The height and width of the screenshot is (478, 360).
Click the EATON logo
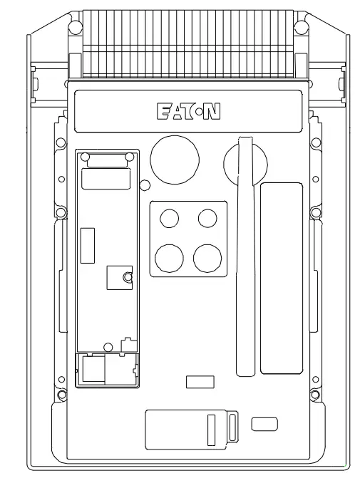coord(187,112)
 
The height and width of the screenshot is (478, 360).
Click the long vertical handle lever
coord(245,256)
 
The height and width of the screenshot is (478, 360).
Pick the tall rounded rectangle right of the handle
coord(281,278)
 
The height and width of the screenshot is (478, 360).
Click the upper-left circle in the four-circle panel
coord(169,218)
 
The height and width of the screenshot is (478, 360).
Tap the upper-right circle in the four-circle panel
coord(207,218)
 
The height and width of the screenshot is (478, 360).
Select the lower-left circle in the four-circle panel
coord(169,256)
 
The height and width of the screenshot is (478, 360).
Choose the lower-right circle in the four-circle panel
coord(207,256)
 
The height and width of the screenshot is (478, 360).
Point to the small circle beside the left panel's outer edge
coord(145,185)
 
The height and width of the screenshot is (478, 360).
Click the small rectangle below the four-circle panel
coord(200,382)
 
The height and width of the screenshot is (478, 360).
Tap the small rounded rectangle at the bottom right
coord(265,425)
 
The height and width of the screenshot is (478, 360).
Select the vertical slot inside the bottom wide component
coord(211,430)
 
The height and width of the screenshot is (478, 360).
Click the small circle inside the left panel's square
coord(127,277)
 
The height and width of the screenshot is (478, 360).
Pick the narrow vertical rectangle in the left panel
coord(88,246)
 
